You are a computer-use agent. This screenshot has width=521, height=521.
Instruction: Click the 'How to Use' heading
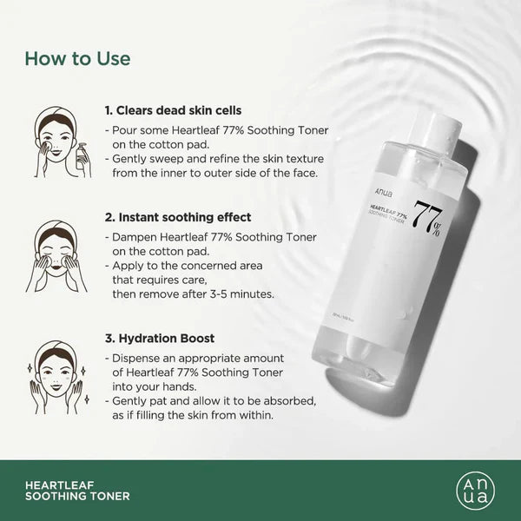77,59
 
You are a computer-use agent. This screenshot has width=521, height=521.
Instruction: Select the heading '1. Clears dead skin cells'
173,111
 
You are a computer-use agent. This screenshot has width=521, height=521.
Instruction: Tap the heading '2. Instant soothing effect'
177,217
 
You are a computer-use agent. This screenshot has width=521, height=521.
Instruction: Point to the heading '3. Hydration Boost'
160,338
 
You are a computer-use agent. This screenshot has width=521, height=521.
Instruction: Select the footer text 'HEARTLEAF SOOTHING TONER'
78,490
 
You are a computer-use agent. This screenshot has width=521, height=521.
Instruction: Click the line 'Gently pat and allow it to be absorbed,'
208,401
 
